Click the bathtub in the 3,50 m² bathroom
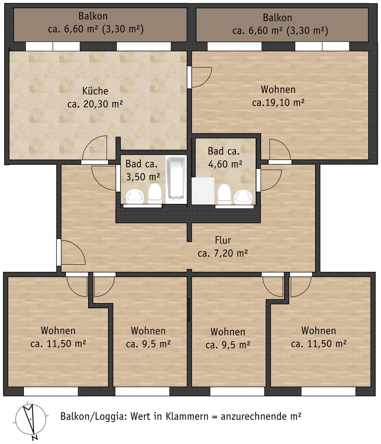(176, 178)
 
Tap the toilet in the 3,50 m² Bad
(155, 193)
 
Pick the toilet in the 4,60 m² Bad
(224, 194)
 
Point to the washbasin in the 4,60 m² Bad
(243, 197)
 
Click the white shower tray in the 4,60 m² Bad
(203, 191)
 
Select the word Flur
(223, 240)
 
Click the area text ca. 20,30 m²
(95, 104)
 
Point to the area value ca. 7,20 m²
(223, 253)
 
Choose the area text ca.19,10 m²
(278, 102)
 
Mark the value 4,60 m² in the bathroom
(225, 164)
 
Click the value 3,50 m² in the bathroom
(143, 177)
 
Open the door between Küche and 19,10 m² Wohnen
(189, 77)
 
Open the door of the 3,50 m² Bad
(118, 178)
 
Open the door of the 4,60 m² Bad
(258, 180)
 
